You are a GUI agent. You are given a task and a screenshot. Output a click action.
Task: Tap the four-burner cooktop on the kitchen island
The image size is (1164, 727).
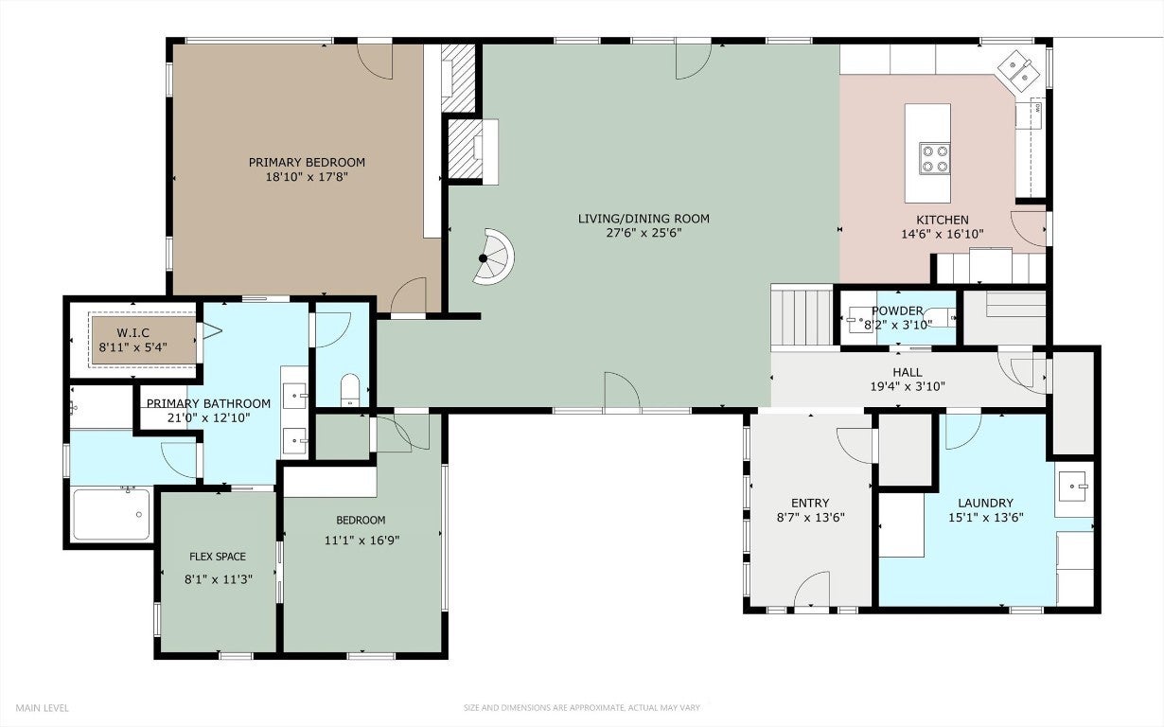click(x=934, y=158)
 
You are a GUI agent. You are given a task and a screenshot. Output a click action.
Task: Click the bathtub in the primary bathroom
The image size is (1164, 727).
click(x=112, y=514)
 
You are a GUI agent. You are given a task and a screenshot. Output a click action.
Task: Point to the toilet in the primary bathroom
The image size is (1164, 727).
click(x=350, y=389)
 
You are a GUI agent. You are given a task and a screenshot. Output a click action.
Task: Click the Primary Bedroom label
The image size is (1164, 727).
click(x=307, y=162)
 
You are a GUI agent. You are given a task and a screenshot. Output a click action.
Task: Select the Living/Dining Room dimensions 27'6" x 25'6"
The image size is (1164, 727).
click(x=644, y=233)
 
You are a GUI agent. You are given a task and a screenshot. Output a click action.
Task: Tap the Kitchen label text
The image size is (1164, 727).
click(x=943, y=220)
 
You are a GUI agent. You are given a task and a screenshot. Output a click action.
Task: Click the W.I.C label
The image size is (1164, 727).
click(x=133, y=332)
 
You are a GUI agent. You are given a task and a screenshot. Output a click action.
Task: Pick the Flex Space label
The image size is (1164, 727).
click(x=218, y=557)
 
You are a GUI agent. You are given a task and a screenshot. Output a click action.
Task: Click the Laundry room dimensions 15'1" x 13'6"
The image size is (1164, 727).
click(x=986, y=518)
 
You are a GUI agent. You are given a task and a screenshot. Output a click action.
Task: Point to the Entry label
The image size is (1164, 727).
click(x=810, y=503)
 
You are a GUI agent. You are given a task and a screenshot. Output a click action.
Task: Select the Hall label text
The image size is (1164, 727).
click(x=908, y=372)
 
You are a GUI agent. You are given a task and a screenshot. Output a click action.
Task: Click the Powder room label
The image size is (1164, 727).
click(x=897, y=310)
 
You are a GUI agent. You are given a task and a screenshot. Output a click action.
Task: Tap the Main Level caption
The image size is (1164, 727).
click(x=42, y=708)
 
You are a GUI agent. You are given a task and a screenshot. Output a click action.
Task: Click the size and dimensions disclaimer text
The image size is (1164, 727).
click(x=581, y=708)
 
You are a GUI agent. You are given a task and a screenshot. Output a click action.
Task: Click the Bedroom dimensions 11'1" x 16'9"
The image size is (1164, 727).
click(x=362, y=541)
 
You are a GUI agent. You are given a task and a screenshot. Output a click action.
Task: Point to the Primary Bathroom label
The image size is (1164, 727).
click(x=208, y=403)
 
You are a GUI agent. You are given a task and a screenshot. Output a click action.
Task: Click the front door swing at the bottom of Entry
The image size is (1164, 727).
click(x=812, y=588)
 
